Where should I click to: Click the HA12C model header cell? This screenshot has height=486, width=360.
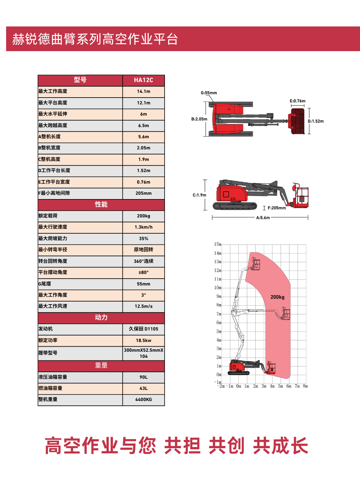(144, 80)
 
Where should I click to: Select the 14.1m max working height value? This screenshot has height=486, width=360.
(144, 91)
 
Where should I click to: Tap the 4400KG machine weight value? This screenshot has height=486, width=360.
(144, 400)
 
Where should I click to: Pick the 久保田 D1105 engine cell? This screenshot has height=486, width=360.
(144, 329)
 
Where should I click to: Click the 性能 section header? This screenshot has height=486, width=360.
(101, 204)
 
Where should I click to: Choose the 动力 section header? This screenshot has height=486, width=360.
(101, 317)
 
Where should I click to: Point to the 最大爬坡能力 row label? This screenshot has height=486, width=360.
(53, 238)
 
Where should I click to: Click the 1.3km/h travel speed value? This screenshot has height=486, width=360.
(144, 227)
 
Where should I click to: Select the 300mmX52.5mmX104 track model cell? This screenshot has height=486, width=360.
(144, 353)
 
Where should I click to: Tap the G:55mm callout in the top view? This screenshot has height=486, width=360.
(209, 93)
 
